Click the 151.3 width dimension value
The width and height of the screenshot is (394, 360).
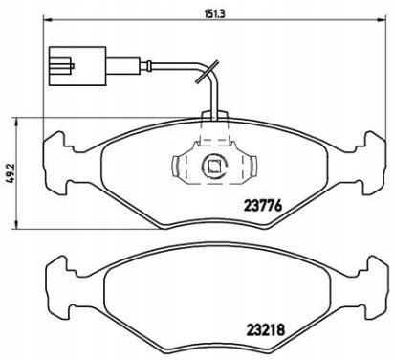point(198,12)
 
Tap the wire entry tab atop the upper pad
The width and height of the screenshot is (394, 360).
point(212,119)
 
